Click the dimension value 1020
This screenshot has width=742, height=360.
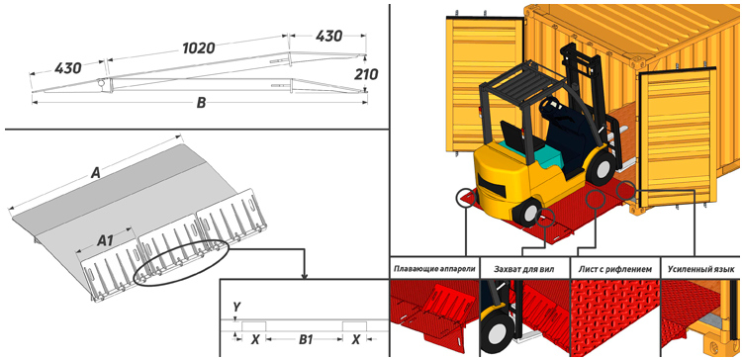click(199, 47)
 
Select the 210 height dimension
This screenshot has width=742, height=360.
click(365, 74)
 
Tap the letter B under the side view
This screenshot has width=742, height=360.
click(201, 104)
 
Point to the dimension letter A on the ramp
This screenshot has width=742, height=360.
click(96, 174)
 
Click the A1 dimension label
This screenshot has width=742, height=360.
click(105, 240)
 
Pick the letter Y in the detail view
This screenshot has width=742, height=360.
click(236, 308)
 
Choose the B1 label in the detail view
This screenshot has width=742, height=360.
click(306, 339)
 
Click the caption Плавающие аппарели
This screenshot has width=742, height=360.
click(434, 270)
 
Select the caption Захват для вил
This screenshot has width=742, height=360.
click(525, 270)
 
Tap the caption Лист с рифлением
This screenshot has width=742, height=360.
click(615, 270)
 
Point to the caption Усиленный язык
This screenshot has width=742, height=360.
click(700, 270)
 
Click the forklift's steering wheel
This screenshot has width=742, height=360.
click(549, 105)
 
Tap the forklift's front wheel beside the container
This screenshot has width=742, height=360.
click(601, 167)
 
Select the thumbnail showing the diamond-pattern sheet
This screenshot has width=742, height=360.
click(615, 316)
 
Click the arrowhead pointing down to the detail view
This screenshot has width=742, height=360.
click(305, 276)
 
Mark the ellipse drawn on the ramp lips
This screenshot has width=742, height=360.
click(181, 262)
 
